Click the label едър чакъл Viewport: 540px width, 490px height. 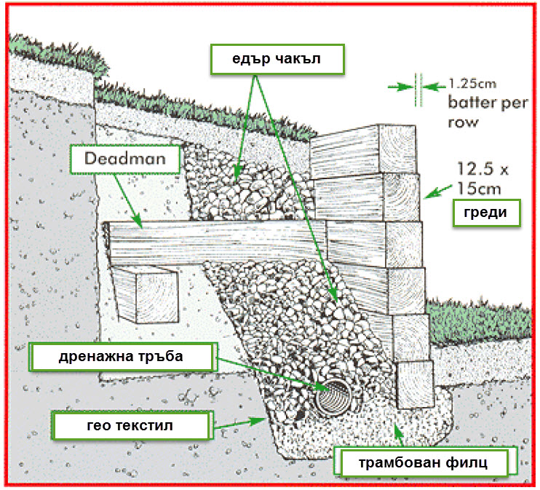(277, 59)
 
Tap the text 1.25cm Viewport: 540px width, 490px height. (470, 83)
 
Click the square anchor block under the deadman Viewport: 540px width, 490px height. (146, 294)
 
